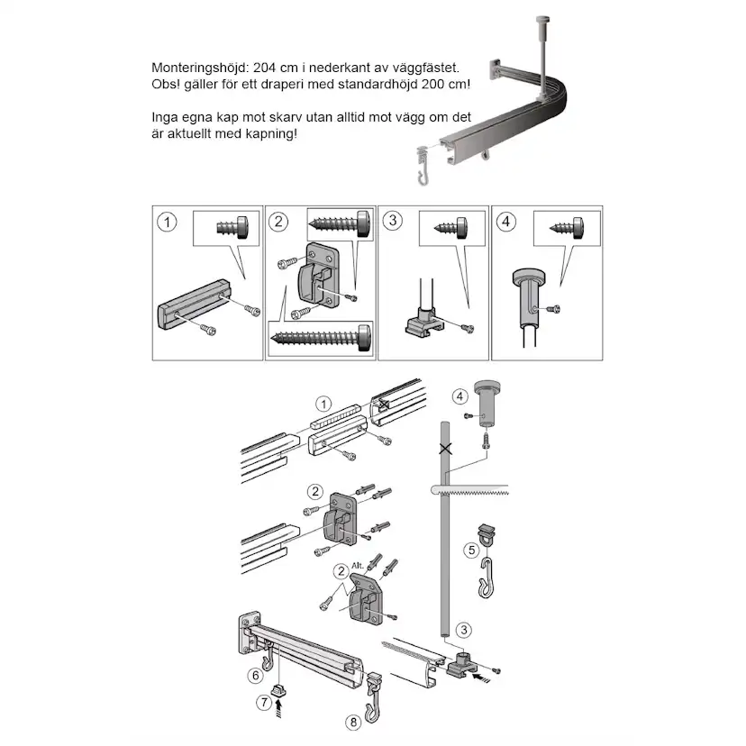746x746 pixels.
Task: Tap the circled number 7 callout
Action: (x=263, y=701)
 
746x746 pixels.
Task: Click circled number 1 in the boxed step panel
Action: (x=165, y=221)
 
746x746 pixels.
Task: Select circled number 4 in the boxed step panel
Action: (x=507, y=220)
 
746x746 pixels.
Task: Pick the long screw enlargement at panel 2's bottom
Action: (x=318, y=338)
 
